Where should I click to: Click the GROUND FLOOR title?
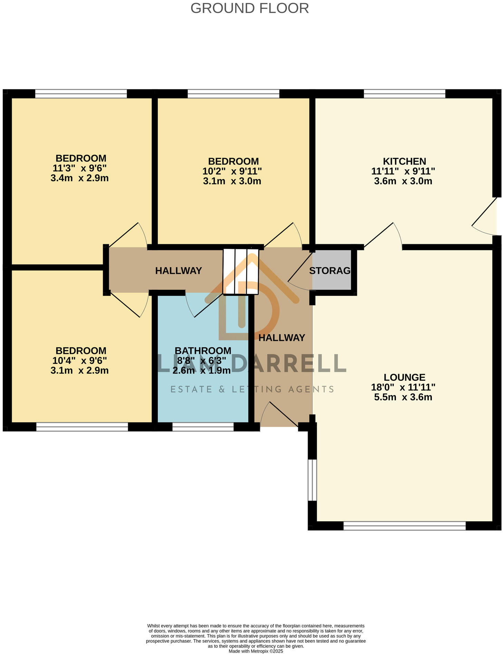(249, 8)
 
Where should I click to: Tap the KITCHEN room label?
(404, 161)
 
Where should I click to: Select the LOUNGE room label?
(404, 377)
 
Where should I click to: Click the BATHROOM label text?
(203, 350)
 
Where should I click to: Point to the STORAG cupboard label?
(329, 271)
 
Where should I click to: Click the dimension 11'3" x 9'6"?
(79, 168)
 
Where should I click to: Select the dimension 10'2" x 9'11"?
(232, 171)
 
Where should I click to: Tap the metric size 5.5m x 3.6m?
(403, 397)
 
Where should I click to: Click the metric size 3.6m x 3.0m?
(403, 181)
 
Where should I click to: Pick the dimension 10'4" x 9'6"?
(79, 360)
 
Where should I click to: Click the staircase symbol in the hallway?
(241, 271)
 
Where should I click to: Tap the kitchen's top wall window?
(404, 93)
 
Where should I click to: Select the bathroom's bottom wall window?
(203, 427)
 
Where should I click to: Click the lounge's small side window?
(312, 479)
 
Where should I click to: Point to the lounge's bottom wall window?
(404, 526)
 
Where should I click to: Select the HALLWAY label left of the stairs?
(178, 271)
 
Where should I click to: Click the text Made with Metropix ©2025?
(256, 651)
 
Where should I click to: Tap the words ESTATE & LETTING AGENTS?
(252, 389)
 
